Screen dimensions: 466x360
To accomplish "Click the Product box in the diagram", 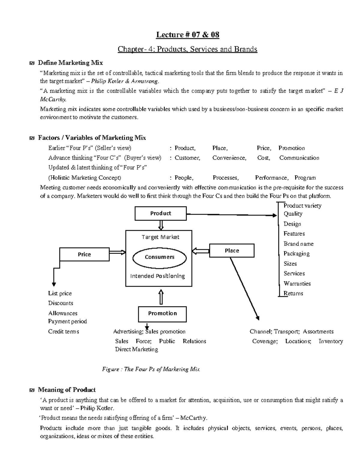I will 160,213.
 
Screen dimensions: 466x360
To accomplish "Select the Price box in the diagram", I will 84,254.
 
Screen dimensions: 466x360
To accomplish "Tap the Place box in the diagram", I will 232,251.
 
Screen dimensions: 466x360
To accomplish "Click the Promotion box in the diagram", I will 162,314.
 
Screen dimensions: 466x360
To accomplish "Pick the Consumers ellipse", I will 160,257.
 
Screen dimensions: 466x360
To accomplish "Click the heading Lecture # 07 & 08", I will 187,35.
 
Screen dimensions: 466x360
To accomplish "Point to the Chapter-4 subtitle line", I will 187,49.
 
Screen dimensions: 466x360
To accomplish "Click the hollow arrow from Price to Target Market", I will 117,252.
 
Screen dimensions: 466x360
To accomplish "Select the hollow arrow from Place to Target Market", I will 200,250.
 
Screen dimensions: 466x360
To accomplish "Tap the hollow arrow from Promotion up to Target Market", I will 161,296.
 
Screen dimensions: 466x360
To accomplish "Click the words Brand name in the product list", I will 298,244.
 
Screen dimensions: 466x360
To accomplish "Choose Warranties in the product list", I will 297,284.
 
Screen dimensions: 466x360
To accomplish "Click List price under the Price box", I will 60,293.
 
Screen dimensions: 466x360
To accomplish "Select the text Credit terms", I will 64,332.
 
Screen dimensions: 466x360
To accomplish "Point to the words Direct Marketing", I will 136,349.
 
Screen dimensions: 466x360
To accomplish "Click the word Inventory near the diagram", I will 331,341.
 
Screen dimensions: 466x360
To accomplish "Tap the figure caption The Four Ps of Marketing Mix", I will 151,369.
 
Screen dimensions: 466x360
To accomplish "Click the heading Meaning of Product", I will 67,390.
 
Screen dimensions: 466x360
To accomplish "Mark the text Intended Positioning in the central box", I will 157,276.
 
